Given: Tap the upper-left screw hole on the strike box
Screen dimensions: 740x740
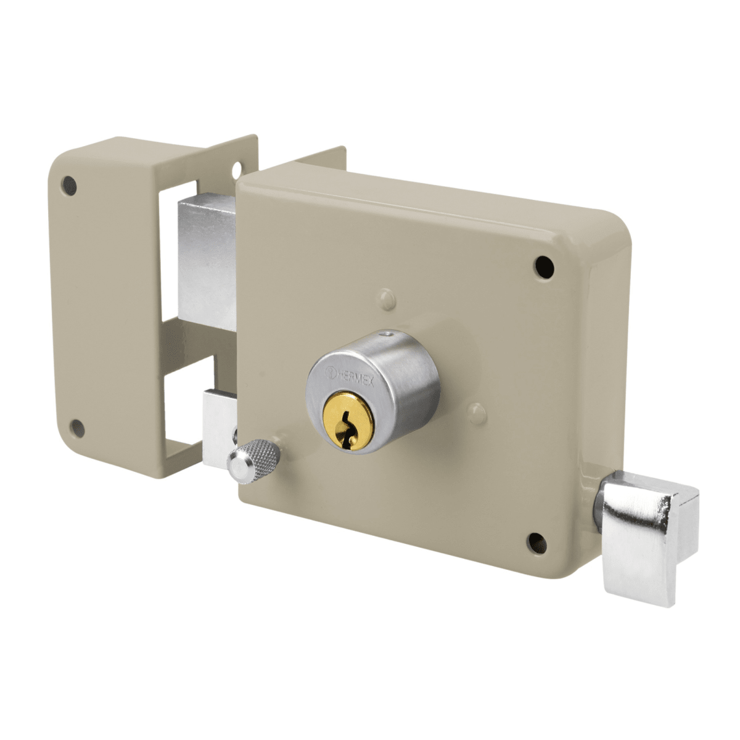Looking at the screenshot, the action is tap(70, 186).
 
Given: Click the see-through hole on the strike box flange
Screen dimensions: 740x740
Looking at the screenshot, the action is tap(239, 168).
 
